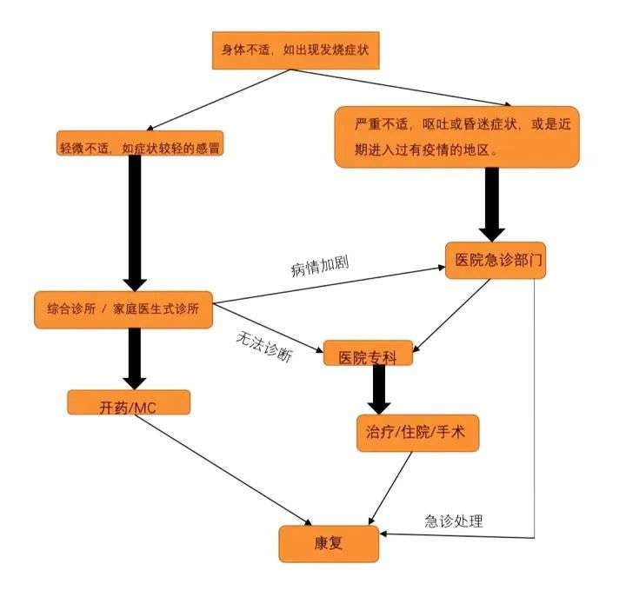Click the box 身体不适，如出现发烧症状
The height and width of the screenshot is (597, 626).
(296, 50)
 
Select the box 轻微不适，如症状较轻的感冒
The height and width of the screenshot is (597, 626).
(139, 147)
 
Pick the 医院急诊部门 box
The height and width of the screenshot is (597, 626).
(495, 260)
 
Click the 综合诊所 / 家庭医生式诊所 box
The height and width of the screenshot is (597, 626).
(123, 309)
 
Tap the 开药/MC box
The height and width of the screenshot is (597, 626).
(128, 402)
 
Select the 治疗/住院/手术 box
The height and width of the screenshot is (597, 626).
(417, 432)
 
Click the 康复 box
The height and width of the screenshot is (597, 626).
(328, 543)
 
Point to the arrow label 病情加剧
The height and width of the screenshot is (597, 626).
(319, 265)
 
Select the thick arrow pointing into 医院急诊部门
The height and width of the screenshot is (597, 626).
(493, 204)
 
